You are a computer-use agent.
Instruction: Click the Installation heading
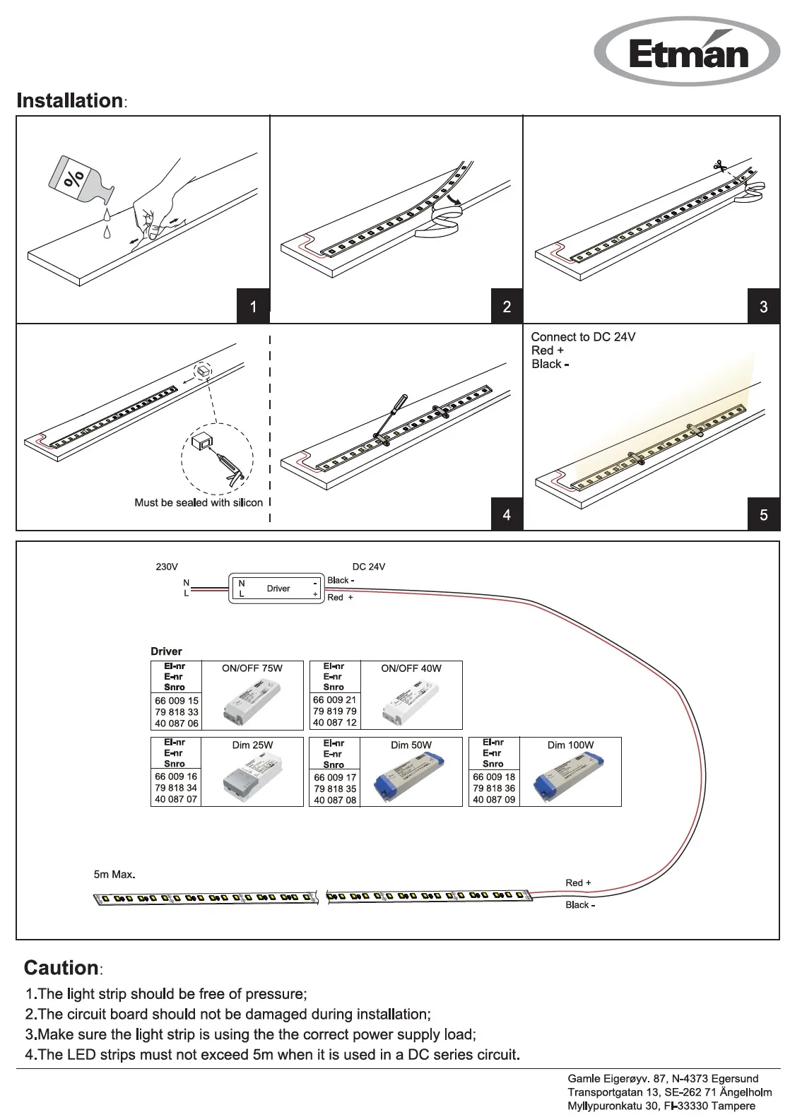coord(70,101)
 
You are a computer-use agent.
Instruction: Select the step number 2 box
coord(507,307)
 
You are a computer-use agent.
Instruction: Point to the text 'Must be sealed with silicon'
coord(199,503)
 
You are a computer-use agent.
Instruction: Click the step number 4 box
coord(507,515)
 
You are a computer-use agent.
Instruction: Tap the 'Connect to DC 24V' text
coord(583,337)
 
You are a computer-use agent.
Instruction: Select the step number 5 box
coord(763,515)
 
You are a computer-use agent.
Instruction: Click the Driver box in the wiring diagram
coord(278,589)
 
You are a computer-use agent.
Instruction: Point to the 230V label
coord(167,567)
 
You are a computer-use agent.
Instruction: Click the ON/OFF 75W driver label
coord(252,668)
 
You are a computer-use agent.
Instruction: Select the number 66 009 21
coord(335,700)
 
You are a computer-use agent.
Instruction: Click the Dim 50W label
coord(411,745)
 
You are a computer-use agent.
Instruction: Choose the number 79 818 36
coord(494,788)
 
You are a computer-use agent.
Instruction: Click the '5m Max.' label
coord(114,875)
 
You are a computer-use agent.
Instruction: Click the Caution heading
coord(61,968)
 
